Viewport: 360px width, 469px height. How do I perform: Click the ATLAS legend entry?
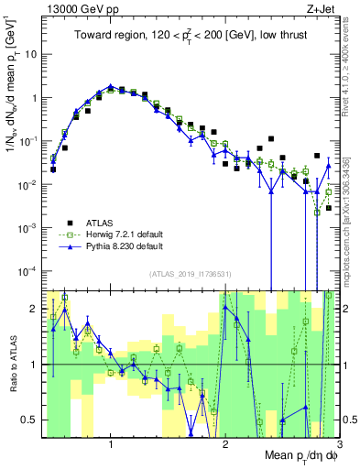(102, 222)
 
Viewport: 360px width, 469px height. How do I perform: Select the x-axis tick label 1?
(111, 445)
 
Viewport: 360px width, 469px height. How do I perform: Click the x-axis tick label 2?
(225, 445)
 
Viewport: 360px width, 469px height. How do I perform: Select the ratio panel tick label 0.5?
(30, 420)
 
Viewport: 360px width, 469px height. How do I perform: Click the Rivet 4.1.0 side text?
(351, 69)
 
